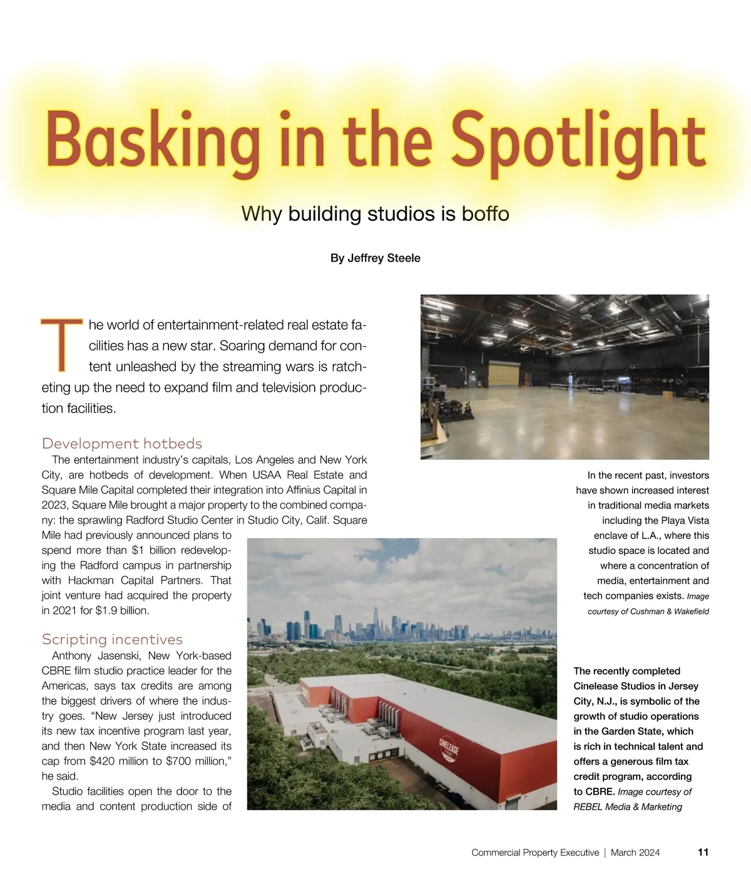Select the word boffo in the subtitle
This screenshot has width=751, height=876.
(486, 214)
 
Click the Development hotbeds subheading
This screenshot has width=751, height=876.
(122, 444)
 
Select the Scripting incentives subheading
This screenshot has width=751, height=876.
(112, 639)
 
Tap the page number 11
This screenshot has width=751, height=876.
(703, 852)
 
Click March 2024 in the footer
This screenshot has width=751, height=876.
(635, 852)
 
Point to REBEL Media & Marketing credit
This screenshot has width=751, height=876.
(628, 807)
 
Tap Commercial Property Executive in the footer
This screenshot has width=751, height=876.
(535, 852)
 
